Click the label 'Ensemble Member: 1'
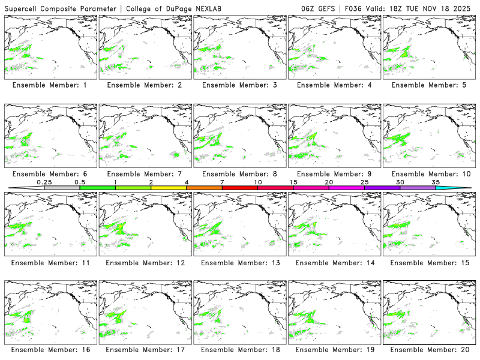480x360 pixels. point(49,85)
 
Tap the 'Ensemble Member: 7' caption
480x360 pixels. point(144,174)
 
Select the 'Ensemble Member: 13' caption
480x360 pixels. point(239,263)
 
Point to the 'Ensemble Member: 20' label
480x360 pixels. point(428,350)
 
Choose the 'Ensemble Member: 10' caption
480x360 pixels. point(428,174)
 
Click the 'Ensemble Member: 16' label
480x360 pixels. point(49,350)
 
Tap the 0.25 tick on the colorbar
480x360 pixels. point(44,182)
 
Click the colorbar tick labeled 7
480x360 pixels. point(222,182)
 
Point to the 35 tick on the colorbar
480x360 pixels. point(436,182)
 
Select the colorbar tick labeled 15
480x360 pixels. point(293,182)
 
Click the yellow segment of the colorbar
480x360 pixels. point(169,188)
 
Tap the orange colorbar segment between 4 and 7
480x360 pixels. point(204,188)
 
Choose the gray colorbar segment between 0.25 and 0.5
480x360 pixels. point(62,188)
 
